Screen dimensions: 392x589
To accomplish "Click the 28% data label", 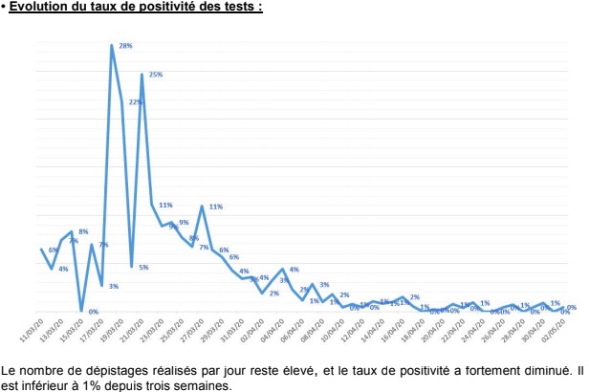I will coord(125,46).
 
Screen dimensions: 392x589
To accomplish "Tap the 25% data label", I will coord(155,74).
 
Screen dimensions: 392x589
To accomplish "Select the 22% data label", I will coord(135,101).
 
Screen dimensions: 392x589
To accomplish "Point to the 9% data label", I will coord(183,223).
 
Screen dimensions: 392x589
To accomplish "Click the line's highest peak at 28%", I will coord(112,46).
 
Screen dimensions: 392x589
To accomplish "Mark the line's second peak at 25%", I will coord(142,75).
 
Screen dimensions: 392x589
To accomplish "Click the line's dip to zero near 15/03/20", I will coord(81,311).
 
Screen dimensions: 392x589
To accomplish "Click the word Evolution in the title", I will coord(40,8).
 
